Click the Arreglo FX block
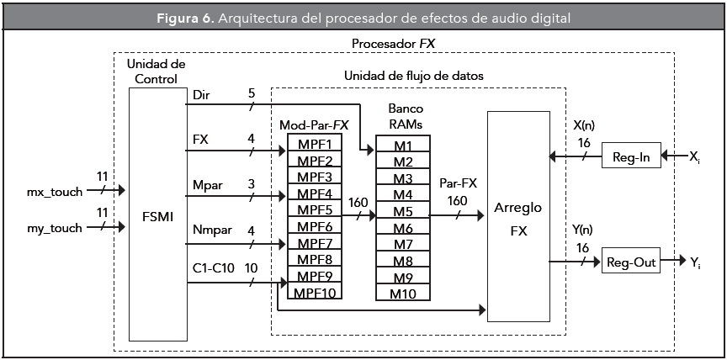pos(517,216)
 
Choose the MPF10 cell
pos(315,292)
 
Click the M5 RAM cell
pos(403,212)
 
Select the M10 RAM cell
pos(403,293)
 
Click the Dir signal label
pos(202,95)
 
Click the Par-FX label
pos(459,183)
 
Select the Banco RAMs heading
pos(404,116)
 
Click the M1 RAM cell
pos(403,146)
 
